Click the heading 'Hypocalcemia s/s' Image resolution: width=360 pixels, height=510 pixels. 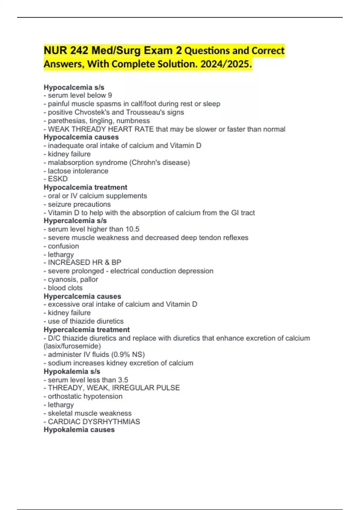coord(74,87)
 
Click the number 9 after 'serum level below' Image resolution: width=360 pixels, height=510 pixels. coord(110,95)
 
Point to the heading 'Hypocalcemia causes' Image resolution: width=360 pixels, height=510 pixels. coord(81,137)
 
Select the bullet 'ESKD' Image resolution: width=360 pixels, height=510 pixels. coord(58,179)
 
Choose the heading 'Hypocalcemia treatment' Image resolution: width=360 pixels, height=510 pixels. coord(85,187)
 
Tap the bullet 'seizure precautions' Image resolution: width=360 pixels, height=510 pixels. coord(79,204)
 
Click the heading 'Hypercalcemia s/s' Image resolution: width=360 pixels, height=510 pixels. coord(75,221)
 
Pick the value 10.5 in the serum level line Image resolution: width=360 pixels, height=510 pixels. coord(132,229)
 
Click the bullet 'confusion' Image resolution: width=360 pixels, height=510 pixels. coord(63,246)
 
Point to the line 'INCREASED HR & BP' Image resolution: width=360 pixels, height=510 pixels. coord(84,262)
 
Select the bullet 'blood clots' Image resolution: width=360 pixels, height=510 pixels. coord(65,288)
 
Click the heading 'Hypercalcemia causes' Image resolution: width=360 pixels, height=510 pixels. coord(82,296)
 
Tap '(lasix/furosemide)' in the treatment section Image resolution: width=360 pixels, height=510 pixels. coord(72,346)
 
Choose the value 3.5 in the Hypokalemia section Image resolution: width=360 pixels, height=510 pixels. coord(123,380)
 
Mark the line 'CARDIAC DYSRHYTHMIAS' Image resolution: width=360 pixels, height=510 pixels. coord(94,421)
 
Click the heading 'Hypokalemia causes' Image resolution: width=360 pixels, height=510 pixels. coord(79,430)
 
